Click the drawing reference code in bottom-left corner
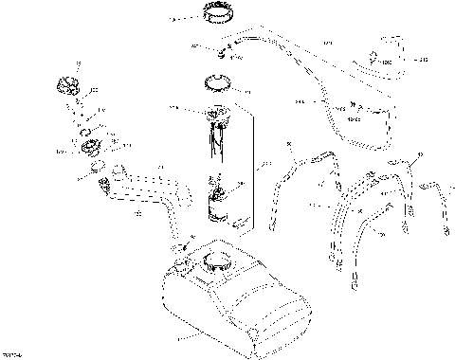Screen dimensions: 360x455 click(12, 354)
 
